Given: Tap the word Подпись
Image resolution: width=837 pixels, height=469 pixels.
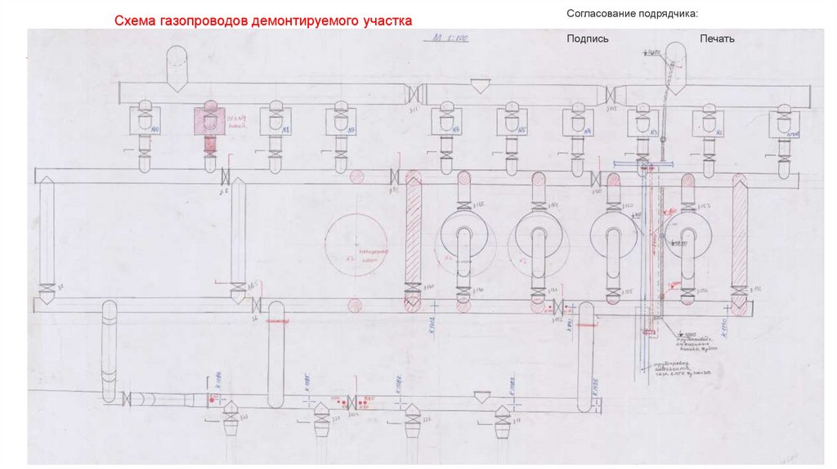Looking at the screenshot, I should pos(588,38).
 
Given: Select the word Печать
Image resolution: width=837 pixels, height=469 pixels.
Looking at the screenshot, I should pos(717,38).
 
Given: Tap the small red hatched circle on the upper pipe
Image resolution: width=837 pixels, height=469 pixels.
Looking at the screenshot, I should pos(356,176).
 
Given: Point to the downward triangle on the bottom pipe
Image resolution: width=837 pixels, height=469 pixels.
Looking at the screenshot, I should pos(483,396).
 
